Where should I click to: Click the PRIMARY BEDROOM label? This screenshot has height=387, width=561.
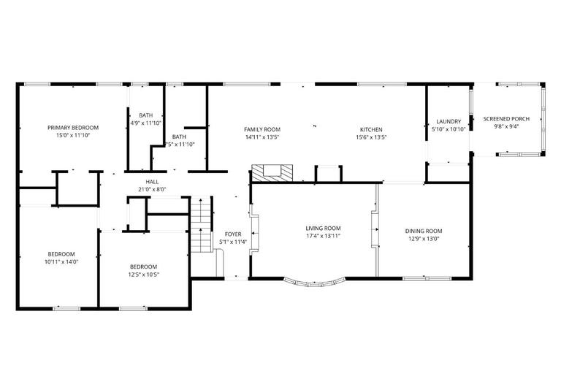coord(73,127)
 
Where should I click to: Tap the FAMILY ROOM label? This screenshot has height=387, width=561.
coord(262,129)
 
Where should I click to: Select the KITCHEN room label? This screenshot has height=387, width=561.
coord(370,129)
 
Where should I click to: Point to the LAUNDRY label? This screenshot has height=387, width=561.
coord(449,121)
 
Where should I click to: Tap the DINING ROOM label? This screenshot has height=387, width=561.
coord(424,231)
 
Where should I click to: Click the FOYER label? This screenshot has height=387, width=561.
coord(233,235)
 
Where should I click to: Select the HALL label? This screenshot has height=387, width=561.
coord(151,182)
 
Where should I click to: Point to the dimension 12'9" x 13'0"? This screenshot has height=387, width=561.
coord(424,239)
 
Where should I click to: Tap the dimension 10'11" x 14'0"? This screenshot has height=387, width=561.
coord(58,261)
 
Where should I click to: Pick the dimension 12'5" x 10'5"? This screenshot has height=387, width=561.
coord(144,275)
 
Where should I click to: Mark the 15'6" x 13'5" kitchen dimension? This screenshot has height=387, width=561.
coord(370,137)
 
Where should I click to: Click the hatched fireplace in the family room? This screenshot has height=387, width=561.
coord(272,173)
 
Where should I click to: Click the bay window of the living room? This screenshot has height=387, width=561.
coord(313,280)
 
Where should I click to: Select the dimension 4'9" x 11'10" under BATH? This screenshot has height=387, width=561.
coord(146,123)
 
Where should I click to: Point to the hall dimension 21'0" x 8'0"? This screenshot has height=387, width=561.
coord(151,189)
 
